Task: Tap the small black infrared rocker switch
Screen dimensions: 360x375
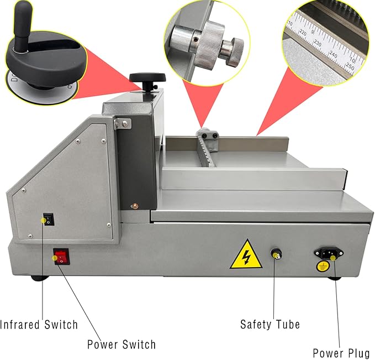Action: pyautogui.click(x=48, y=220)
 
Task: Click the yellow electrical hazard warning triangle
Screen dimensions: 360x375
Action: pyautogui.click(x=245, y=254)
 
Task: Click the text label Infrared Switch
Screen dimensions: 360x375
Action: pyautogui.click(x=39, y=324)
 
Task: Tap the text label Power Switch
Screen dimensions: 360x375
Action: pyautogui.click(x=122, y=345)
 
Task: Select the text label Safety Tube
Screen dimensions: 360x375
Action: pyautogui.click(x=270, y=324)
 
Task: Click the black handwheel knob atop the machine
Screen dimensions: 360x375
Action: pyautogui.click(x=147, y=79)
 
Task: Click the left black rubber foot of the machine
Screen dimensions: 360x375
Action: pyautogui.click(x=40, y=276)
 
